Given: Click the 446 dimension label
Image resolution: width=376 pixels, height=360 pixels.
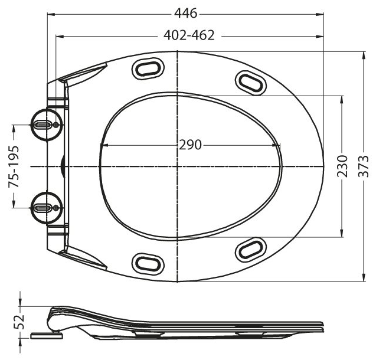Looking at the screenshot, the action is [185, 14].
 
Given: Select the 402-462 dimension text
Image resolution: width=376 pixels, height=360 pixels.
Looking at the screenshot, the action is [189, 35].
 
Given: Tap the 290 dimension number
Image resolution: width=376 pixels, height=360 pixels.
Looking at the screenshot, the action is [190, 145].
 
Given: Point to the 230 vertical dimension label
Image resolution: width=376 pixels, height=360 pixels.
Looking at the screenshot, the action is [342, 166].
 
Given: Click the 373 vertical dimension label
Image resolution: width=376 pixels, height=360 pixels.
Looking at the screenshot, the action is [363, 166].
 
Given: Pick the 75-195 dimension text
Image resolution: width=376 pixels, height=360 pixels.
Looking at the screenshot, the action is [14, 166].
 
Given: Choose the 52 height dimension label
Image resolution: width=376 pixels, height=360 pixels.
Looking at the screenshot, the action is [19, 322].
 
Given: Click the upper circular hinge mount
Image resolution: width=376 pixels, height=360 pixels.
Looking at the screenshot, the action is [47, 125].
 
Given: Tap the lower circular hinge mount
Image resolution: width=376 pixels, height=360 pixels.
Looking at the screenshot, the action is [47, 208].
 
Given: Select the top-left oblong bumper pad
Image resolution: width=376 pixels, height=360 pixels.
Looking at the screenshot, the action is [149, 68].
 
